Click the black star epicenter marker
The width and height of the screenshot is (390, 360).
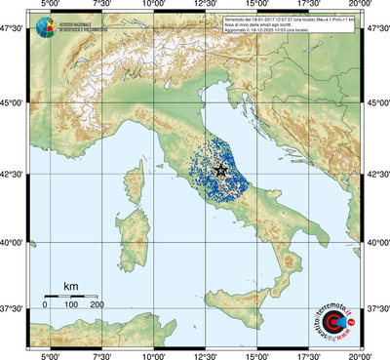[x=220, y=170]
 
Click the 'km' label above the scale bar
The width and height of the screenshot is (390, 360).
[x=70, y=285]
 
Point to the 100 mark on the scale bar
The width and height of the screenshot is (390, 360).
[x=70, y=305]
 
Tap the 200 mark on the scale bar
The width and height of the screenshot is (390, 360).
[x=97, y=305]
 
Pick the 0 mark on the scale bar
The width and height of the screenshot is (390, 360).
[x=45, y=305]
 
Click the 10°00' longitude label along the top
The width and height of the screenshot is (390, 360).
[x=153, y=6]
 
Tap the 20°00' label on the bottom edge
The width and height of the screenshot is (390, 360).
[x=362, y=354]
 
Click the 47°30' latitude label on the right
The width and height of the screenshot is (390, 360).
[x=377, y=29]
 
